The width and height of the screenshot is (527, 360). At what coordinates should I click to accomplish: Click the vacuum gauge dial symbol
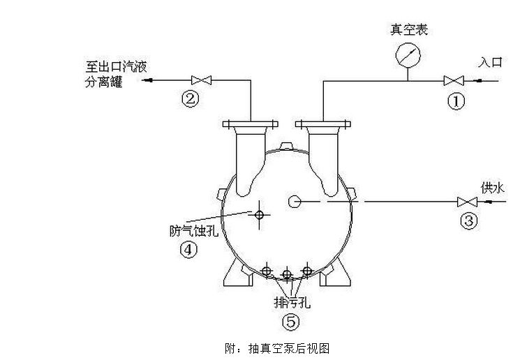[409, 53]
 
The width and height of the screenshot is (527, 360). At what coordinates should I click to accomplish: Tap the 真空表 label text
[409, 29]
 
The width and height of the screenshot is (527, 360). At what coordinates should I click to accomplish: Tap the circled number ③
[469, 221]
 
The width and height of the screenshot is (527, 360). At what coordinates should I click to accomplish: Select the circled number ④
[188, 249]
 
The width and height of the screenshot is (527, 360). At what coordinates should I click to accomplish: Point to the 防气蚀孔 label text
[193, 231]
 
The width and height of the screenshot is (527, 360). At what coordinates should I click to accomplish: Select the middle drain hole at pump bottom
[286, 273]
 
